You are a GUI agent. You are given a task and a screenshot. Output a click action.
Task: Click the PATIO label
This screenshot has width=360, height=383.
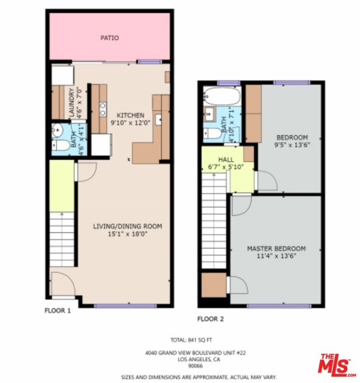[110, 38]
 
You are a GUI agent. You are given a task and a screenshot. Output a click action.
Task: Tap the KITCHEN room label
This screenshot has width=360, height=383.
[130, 115]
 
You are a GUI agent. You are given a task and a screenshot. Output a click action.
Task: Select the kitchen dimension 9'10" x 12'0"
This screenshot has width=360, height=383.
[130, 123]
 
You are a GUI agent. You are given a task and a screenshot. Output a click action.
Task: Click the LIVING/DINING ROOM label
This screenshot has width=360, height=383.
[128, 226]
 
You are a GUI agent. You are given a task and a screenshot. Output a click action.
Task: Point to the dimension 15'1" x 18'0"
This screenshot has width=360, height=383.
[128, 234]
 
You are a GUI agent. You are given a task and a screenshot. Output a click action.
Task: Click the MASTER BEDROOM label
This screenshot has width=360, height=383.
[277, 248]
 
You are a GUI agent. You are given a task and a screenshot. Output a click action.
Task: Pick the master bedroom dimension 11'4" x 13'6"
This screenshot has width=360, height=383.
[277, 256]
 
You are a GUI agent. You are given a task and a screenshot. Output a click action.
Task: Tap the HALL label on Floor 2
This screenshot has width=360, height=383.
[226, 160]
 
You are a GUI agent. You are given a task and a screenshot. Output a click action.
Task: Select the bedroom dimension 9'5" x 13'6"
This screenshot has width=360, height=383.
[292, 145]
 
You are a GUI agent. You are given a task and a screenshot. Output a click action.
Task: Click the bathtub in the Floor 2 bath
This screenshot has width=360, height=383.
[222, 96]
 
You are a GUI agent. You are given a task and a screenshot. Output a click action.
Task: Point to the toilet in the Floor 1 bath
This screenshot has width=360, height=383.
[61, 146]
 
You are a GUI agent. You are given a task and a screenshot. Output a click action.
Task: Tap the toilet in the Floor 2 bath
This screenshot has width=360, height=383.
[213, 134]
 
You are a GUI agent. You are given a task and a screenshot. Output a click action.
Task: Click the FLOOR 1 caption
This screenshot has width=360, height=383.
[57, 311]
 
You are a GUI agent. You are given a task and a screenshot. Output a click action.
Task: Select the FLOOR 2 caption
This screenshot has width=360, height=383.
[211, 319]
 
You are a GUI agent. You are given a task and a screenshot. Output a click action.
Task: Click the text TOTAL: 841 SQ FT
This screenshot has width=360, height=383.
[191, 340]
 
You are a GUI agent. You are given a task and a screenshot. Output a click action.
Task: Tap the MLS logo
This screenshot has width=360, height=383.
[337, 363]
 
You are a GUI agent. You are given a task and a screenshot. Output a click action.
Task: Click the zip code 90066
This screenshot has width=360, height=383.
[195, 366]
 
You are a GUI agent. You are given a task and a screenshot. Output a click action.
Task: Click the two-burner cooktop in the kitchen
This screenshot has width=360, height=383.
[103, 109]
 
